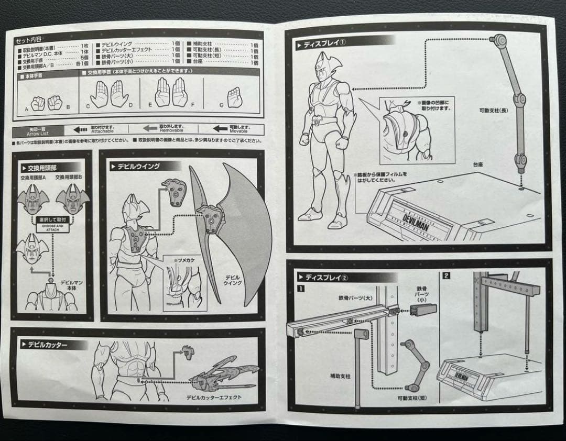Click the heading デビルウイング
coord(138,167)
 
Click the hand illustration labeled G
coord(234,97)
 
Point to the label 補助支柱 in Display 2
coord(339,376)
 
